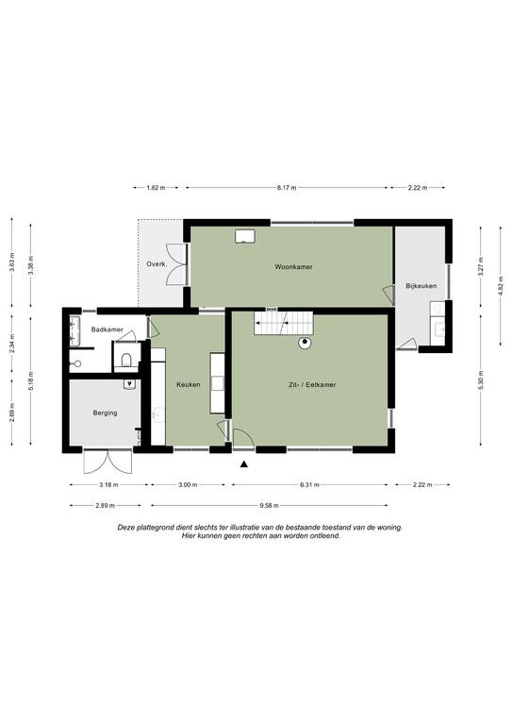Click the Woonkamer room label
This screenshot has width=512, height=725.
pyautogui.click(x=293, y=267)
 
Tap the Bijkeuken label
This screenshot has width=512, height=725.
pyautogui.click(x=421, y=286)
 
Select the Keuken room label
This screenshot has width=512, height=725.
pyautogui.click(x=189, y=384)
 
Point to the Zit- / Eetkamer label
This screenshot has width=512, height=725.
pyautogui.click(x=312, y=384)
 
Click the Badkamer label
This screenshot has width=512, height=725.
pyautogui.click(x=107, y=329)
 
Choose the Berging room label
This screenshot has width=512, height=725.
pyautogui.click(x=106, y=413)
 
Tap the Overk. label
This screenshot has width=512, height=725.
pyautogui.click(x=157, y=264)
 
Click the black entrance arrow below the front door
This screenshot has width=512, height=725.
pyautogui.click(x=244, y=464)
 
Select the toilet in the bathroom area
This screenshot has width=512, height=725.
pyautogui.click(x=126, y=359)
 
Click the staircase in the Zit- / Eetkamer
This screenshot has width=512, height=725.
pyautogui.click(x=284, y=322)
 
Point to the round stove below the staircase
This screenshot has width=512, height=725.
pyautogui.click(x=305, y=343)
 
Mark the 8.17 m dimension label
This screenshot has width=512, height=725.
pyautogui.click(x=287, y=188)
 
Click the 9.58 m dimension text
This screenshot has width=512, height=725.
pyautogui.click(x=269, y=505)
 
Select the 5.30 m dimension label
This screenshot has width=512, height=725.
pyautogui.click(x=481, y=380)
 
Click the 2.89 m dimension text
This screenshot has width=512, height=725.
pyautogui.click(x=106, y=505)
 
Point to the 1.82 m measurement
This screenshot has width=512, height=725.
pyautogui.click(x=156, y=188)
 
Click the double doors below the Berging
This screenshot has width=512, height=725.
pyautogui.click(x=107, y=462)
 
